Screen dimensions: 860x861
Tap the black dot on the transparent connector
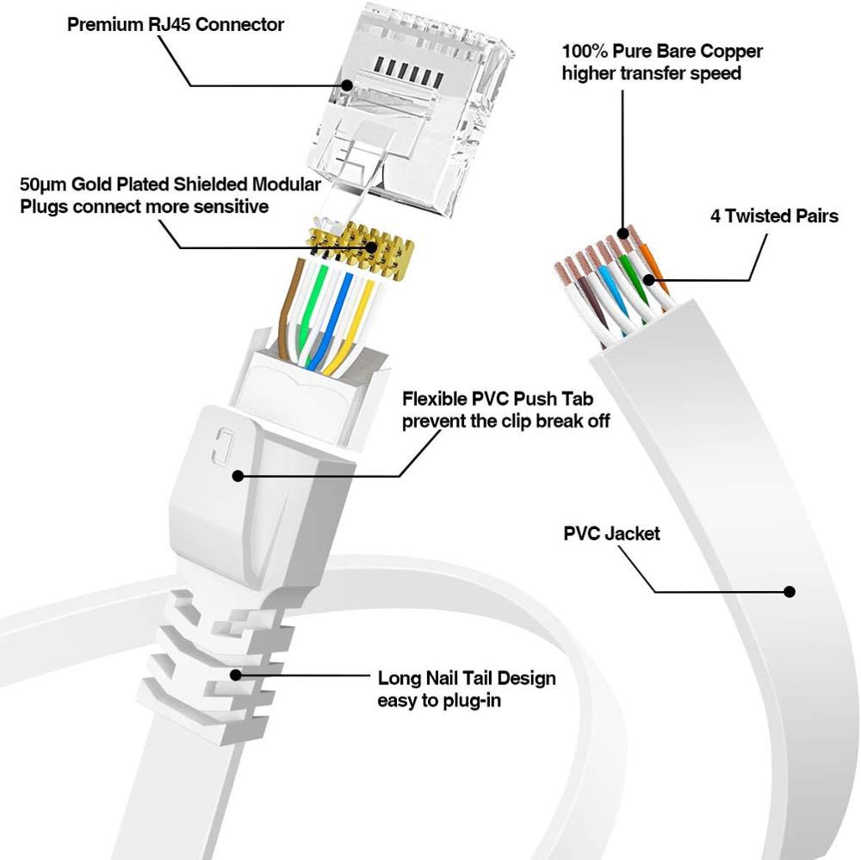(347, 84)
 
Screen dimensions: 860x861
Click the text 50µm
(45, 185)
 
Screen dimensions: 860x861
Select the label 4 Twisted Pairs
(774, 215)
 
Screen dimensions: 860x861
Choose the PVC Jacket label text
(611, 533)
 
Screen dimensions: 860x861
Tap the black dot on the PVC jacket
(788, 591)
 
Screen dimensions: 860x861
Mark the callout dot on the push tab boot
(238, 475)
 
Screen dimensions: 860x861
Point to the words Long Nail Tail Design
(467, 678)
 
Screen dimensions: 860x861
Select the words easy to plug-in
(439, 701)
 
